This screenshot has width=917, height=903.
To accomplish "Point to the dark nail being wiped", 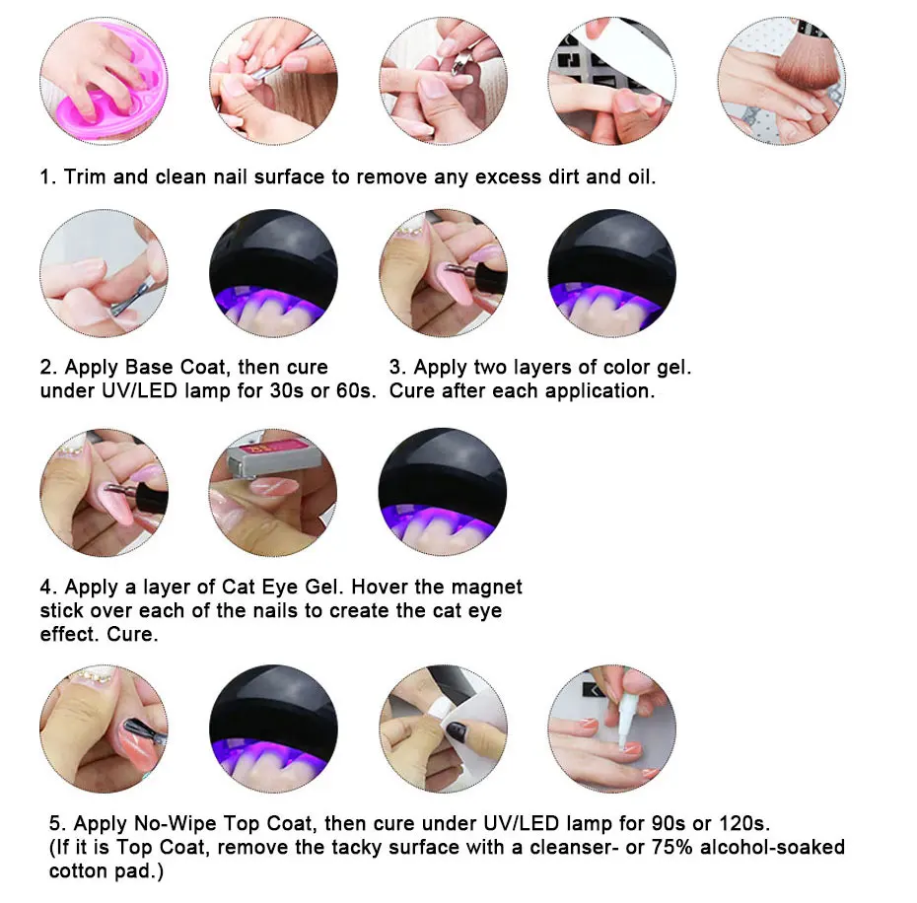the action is point(456,731).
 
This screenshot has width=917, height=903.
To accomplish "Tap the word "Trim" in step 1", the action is point(88,176).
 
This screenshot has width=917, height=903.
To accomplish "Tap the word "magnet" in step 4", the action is point(486,587).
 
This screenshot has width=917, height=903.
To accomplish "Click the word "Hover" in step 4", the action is point(380,587).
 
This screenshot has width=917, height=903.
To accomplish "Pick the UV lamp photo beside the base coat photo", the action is point(274,273).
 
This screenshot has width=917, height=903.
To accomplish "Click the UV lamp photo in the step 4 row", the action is point(443,493).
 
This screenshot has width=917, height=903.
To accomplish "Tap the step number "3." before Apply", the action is point(397,367).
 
